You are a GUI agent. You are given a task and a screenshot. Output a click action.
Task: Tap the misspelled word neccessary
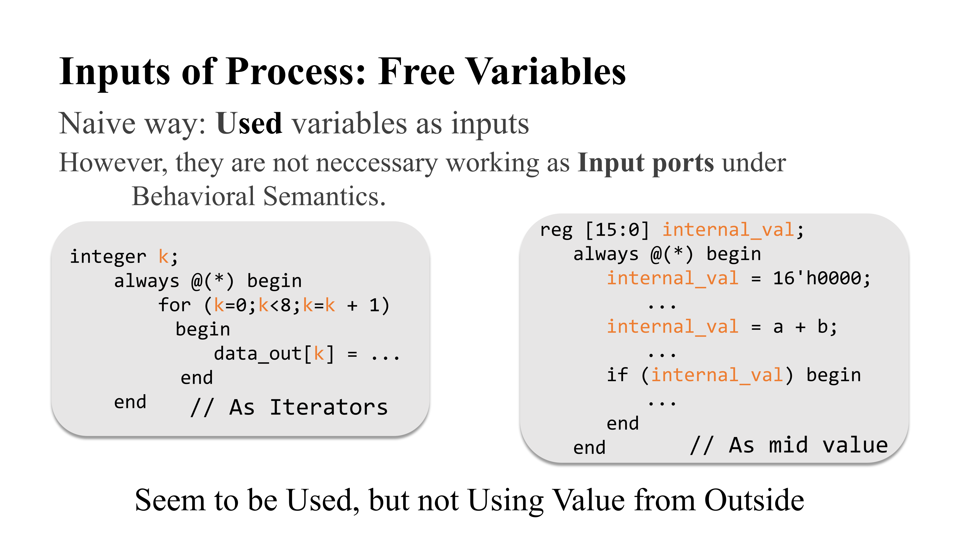377,163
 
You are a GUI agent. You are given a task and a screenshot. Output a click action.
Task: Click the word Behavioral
193,196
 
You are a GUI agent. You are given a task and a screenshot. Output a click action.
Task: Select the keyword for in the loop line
175,305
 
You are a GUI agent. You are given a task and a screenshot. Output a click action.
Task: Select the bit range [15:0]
617,230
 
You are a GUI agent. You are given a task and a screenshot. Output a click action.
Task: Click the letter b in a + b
822,326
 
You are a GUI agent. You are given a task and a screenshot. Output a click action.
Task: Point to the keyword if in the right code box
617,375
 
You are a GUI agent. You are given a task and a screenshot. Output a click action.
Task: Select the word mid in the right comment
788,445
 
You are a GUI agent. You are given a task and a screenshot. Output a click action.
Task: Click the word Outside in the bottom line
754,500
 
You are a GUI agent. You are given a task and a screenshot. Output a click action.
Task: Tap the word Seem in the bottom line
170,500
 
